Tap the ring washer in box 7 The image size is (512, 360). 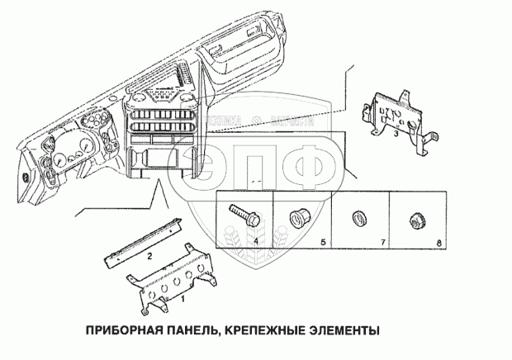[x=358, y=219]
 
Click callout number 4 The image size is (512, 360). [x=257, y=241]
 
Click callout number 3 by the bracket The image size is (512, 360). [x=396, y=132]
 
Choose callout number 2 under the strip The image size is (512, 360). [x=148, y=257]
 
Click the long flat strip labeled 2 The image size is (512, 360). [x=145, y=239]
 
